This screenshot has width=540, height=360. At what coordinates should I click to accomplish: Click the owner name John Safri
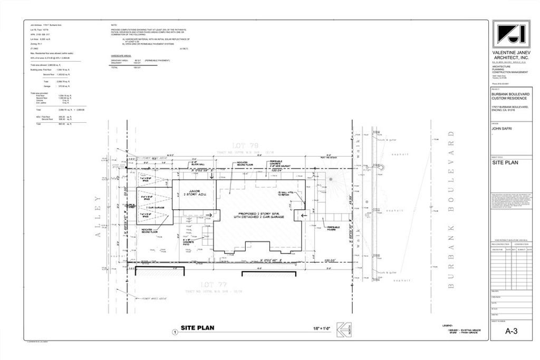point(502,128)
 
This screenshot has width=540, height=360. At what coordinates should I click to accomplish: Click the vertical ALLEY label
point(97,218)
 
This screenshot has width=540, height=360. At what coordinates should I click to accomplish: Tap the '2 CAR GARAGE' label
point(150,209)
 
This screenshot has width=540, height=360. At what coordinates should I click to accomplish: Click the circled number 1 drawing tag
point(175,332)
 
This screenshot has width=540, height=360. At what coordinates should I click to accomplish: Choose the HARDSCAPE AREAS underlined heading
point(121,55)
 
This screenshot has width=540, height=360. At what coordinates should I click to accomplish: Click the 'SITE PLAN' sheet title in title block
point(505,163)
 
